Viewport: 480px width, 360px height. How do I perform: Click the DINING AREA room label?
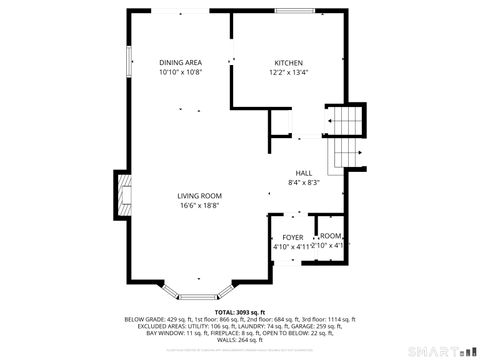click(x=179, y=62)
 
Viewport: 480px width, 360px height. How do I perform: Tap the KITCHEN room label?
click(x=290, y=62)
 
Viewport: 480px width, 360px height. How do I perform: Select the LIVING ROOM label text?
click(x=199, y=195)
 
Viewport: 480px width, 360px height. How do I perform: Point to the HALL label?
click(x=303, y=172)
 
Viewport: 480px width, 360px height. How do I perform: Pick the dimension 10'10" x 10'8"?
click(x=179, y=73)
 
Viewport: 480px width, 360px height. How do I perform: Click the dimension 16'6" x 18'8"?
click(x=199, y=206)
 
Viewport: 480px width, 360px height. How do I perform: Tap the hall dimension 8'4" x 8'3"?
click(x=303, y=183)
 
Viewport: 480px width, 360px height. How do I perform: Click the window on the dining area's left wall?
click(x=128, y=60)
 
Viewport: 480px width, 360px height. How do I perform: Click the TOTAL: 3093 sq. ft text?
click(x=240, y=312)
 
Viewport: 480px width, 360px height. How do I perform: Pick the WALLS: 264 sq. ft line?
click(x=240, y=340)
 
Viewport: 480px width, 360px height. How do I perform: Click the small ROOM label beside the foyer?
click(x=330, y=236)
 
